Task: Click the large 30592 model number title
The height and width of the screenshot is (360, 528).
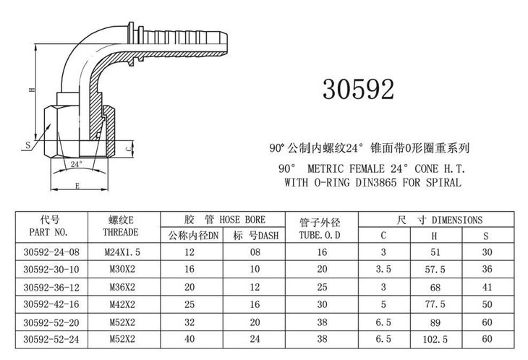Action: [358, 89]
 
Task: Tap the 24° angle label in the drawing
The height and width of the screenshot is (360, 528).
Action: [77, 164]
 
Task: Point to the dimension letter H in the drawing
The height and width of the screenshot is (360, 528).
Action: [32, 90]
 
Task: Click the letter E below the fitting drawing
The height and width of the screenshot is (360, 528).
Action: [77, 186]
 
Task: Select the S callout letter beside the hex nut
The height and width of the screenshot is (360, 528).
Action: [28, 145]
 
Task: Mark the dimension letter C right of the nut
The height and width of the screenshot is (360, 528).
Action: [128, 148]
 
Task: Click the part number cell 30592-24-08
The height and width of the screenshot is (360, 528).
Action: [51, 252]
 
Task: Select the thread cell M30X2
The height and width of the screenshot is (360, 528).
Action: [122, 269]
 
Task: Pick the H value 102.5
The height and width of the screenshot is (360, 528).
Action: [435, 339]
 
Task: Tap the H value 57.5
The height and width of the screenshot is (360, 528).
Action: [435, 270]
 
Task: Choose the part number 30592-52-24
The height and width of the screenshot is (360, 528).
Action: [51, 339]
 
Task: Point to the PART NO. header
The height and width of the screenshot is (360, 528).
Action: [48, 232]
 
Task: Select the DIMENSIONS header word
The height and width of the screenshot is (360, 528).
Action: [457, 220]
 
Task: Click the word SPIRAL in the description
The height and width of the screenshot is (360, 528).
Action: [443, 183]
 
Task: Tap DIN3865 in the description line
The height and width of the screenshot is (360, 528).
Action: [376, 183]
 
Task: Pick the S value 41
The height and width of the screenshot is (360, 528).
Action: [487, 287]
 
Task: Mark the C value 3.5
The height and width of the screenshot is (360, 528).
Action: [383, 269]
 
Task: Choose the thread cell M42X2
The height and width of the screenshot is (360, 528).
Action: [122, 304]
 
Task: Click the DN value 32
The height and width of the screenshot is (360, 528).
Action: [190, 322]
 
